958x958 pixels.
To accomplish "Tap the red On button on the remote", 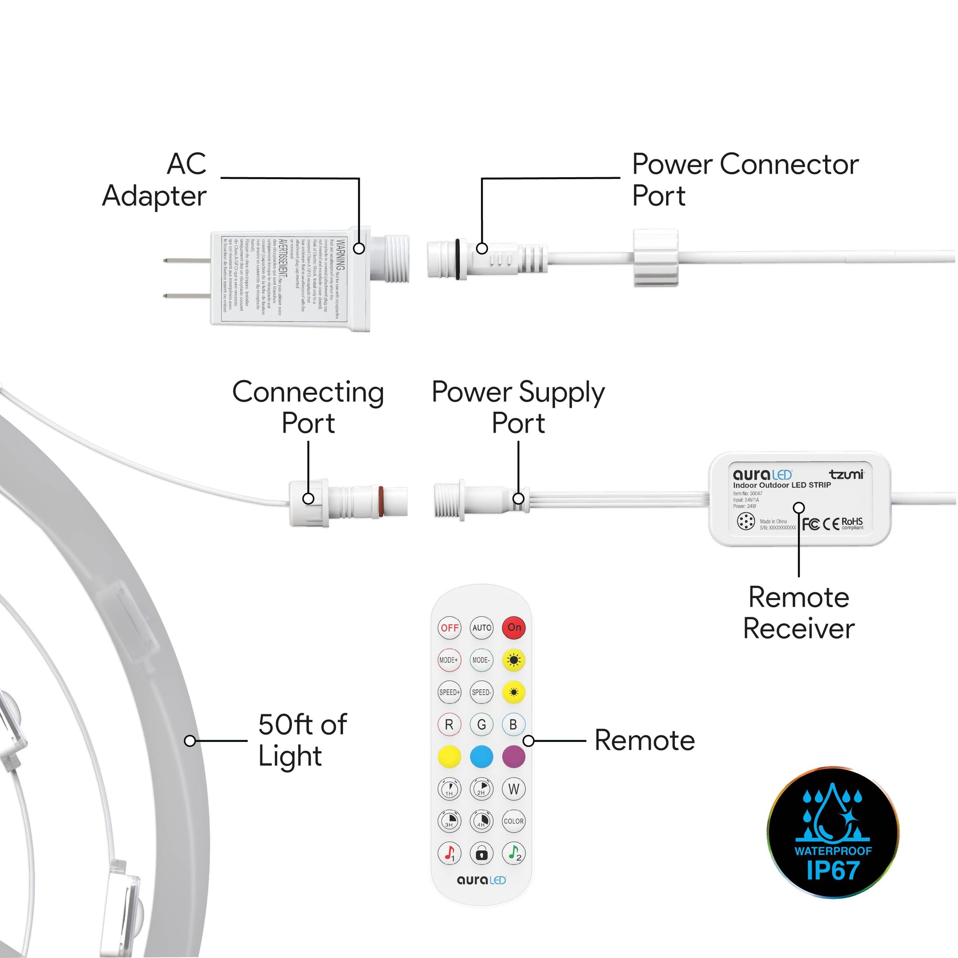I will pyautogui.click(x=514, y=627).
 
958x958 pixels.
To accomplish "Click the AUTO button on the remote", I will pyautogui.click(x=481, y=627).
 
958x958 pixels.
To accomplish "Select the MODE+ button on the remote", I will pyautogui.click(x=449, y=660).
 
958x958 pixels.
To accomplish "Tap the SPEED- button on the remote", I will pyautogui.click(x=481, y=692).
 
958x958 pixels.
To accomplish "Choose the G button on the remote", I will pyautogui.click(x=481, y=725).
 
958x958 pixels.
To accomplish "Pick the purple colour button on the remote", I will pyautogui.click(x=514, y=757).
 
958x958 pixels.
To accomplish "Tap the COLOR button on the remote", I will pyautogui.click(x=514, y=821).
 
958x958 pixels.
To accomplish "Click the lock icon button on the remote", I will pyautogui.click(x=481, y=854).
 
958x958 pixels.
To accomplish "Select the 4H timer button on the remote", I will pyautogui.click(x=481, y=821).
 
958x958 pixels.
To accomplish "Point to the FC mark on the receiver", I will pyautogui.click(x=811, y=524).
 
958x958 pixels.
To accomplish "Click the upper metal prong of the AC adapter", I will pyautogui.click(x=187, y=260).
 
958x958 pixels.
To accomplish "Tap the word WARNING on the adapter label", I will pyautogui.click(x=341, y=254).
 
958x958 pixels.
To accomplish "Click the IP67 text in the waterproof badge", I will pyautogui.click(x=833, y=871).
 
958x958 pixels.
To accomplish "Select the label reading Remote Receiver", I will pyautogui.click(x=799, y=613).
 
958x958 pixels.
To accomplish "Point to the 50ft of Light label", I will pyautogui.click(x=302, y=740).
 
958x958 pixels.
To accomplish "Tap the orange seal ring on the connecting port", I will pyautogui.click(x=381, y=501).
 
